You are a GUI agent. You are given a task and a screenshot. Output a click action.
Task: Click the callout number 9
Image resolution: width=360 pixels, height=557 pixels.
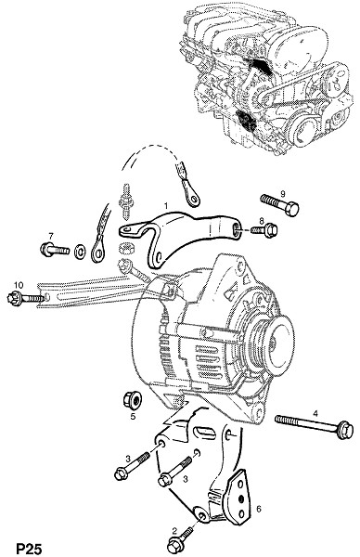[x=283, y=194]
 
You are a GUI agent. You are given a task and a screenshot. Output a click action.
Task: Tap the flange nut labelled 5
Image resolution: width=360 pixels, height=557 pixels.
[x=132, y=400]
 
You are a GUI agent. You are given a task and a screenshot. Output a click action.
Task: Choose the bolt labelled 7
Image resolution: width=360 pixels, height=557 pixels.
[x=55, y=250]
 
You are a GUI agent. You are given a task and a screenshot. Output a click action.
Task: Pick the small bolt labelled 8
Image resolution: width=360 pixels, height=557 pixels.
[x=264, y=230]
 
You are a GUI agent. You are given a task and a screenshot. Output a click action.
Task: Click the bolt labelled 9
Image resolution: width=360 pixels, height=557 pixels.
[x=279, y=204]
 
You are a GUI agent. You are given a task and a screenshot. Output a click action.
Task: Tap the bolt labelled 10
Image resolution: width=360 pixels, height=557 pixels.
[x=26, y=297]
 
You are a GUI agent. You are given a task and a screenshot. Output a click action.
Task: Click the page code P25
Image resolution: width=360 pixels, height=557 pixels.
[x=29, y=549]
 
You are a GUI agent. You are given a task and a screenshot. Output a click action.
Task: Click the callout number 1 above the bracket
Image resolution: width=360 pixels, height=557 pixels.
[x=165, y=206]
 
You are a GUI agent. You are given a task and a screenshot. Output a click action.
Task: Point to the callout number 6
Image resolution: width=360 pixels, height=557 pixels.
[x=259, y=509]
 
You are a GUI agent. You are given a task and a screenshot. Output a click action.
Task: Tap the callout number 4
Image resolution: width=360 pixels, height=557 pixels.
[x=315, y=413]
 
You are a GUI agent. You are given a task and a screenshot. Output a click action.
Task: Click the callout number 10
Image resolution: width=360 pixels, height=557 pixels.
[x=19, y=285]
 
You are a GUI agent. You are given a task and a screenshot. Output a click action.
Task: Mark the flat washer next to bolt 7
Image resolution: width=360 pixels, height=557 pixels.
[x=80, y=252]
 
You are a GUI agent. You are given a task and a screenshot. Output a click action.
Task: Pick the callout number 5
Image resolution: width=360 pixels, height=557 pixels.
[x=133, y=416]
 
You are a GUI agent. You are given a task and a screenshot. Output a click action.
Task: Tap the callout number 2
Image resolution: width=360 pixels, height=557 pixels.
[x=174, y=531]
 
